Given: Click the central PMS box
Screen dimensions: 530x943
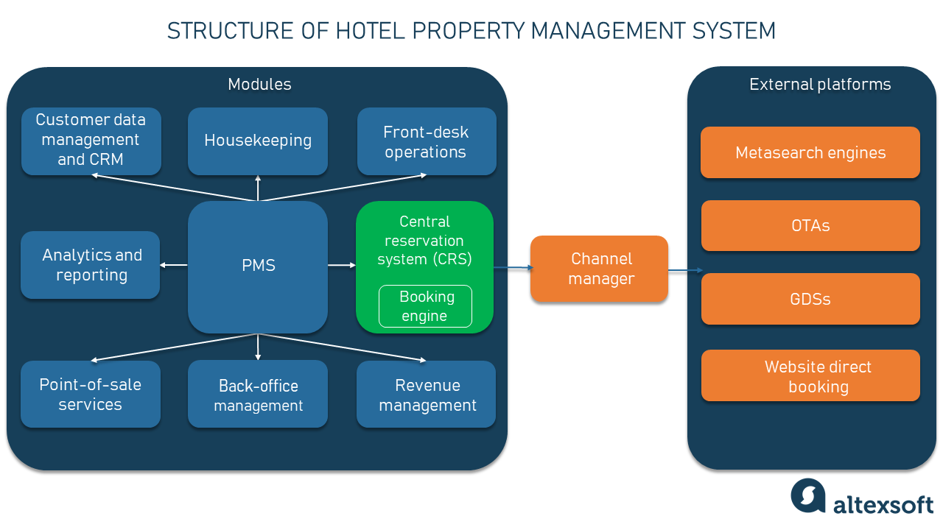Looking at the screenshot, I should pyautogui.click(x=258, y=266).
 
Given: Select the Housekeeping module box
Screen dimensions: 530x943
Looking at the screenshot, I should pyautogui.click(x=258, y=141).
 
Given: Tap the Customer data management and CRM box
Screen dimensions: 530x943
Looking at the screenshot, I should pyautogui.click(x=91, y=141).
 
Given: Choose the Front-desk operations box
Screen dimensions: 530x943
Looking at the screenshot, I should pyautogui.click(x=426, y=142).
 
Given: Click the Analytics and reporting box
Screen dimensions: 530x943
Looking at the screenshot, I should pyautogui.click(x=91, y=265).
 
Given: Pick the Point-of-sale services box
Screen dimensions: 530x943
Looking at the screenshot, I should pyautogui.click(x=91, y=395).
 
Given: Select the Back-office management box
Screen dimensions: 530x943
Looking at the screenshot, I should pyautogui.click(x=258, y=395).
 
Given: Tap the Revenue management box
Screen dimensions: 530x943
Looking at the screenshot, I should pyautogui.click(x=427, y=395).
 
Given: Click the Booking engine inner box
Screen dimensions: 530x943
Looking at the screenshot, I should pyautogui.click(x=425, y=306).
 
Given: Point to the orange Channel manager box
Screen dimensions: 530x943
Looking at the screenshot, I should pyautogui.click(x=600, y=269).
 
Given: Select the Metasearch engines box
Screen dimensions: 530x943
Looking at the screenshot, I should pyautogui.click(x=810, y=152).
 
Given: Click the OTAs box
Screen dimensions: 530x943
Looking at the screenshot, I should pyautogui.click(x=810, y=225).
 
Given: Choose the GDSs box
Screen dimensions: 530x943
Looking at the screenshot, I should pyautogui.click(x=810, y=299).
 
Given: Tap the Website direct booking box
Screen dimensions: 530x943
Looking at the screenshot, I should pyautogui.click(x=810, y=376).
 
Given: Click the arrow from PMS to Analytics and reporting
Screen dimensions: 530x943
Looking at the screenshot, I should pyautogui.click(x=174, y=265).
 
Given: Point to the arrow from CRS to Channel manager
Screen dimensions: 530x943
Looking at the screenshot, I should pyautogui.click(x=512, y=268).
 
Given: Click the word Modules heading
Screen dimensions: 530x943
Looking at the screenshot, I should pyautogui.click(x=259, y=85).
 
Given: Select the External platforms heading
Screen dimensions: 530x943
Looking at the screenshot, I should pyautogui.click(x=820, y=85).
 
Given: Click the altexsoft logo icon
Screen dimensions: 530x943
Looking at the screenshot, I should pyautogui.click(x=808, y=495).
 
